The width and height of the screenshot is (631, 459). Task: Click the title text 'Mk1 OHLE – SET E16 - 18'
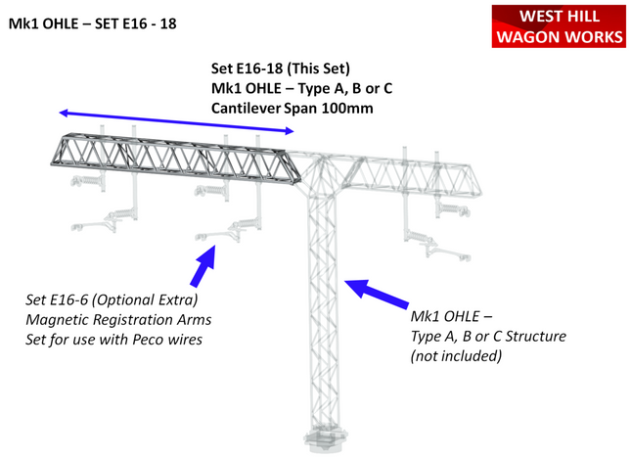(93, 23)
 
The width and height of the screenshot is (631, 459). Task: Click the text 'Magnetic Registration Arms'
(118, 319)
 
